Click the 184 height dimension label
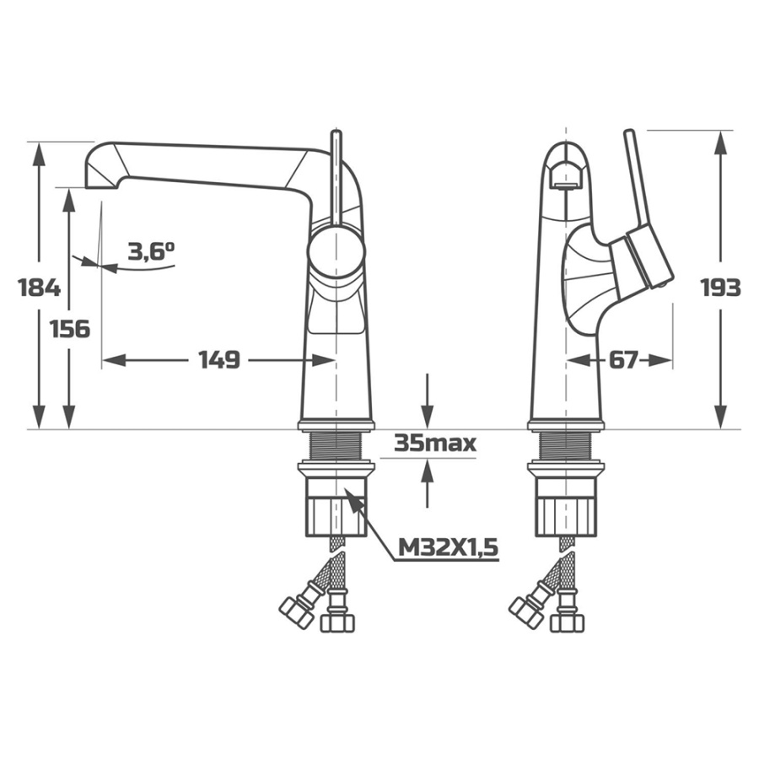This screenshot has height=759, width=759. [x=39, y=288]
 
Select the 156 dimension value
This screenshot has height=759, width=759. [x=70, y=329]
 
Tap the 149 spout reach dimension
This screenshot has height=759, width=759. [x=218, y=359]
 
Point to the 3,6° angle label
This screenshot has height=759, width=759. [x=151, y=251]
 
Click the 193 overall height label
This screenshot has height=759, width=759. [x=721, y=288]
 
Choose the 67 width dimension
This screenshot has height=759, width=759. [x=623, y=359]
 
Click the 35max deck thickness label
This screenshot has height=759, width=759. [x=435, y=443]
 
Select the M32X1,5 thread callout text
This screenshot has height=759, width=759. [x=449, y=547]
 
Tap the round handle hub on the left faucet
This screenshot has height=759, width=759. [x=336, y=251]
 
